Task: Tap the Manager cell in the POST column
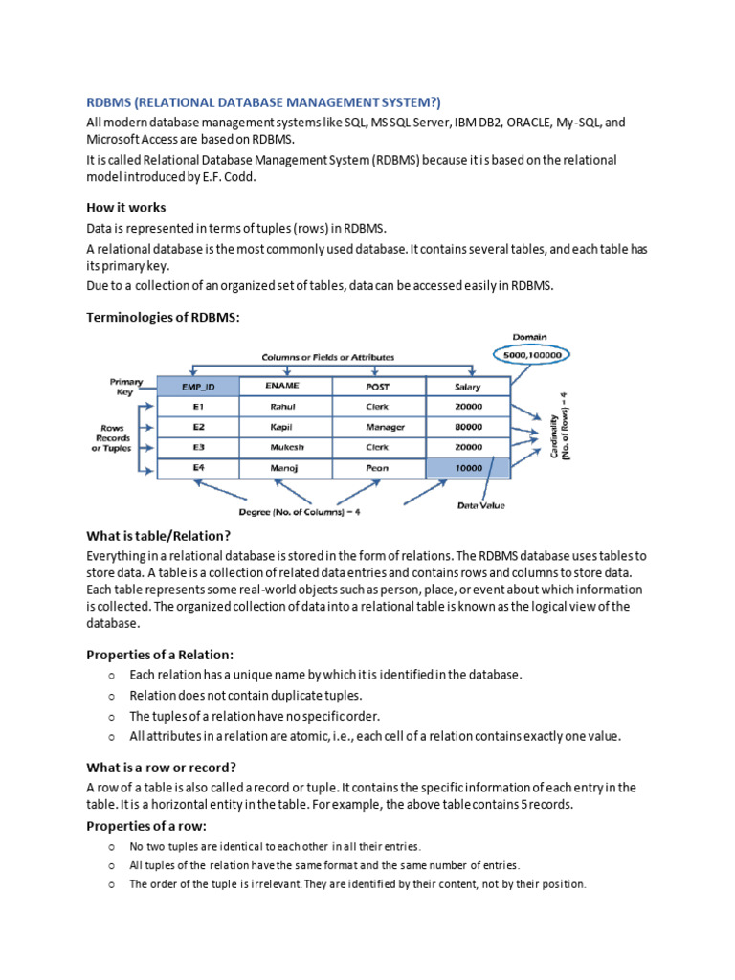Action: coord(385,427)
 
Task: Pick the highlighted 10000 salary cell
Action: coord(469,468)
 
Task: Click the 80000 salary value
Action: coord(469,427)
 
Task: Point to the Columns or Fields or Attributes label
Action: coord(327,356)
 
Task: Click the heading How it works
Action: coord(125,207)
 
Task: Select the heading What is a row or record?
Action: coord(161,767)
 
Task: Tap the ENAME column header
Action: coord(285,386)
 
